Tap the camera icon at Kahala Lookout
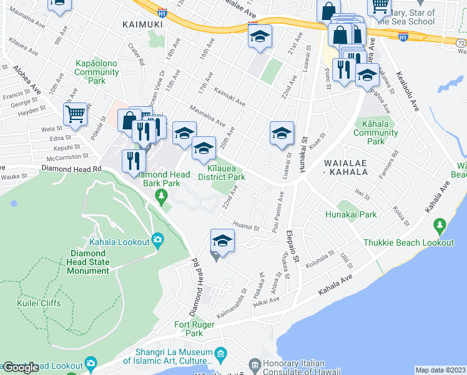(157, 240)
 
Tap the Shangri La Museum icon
(220, 355)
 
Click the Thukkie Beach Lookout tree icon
(438, 225)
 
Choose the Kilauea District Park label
(227, 173)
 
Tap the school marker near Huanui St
(222, 241)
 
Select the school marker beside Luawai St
(282, 132)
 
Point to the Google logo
(21, 367)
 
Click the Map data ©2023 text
(440, 369)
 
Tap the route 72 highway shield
(461, 43)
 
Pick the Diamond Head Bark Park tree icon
(162, 197)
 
